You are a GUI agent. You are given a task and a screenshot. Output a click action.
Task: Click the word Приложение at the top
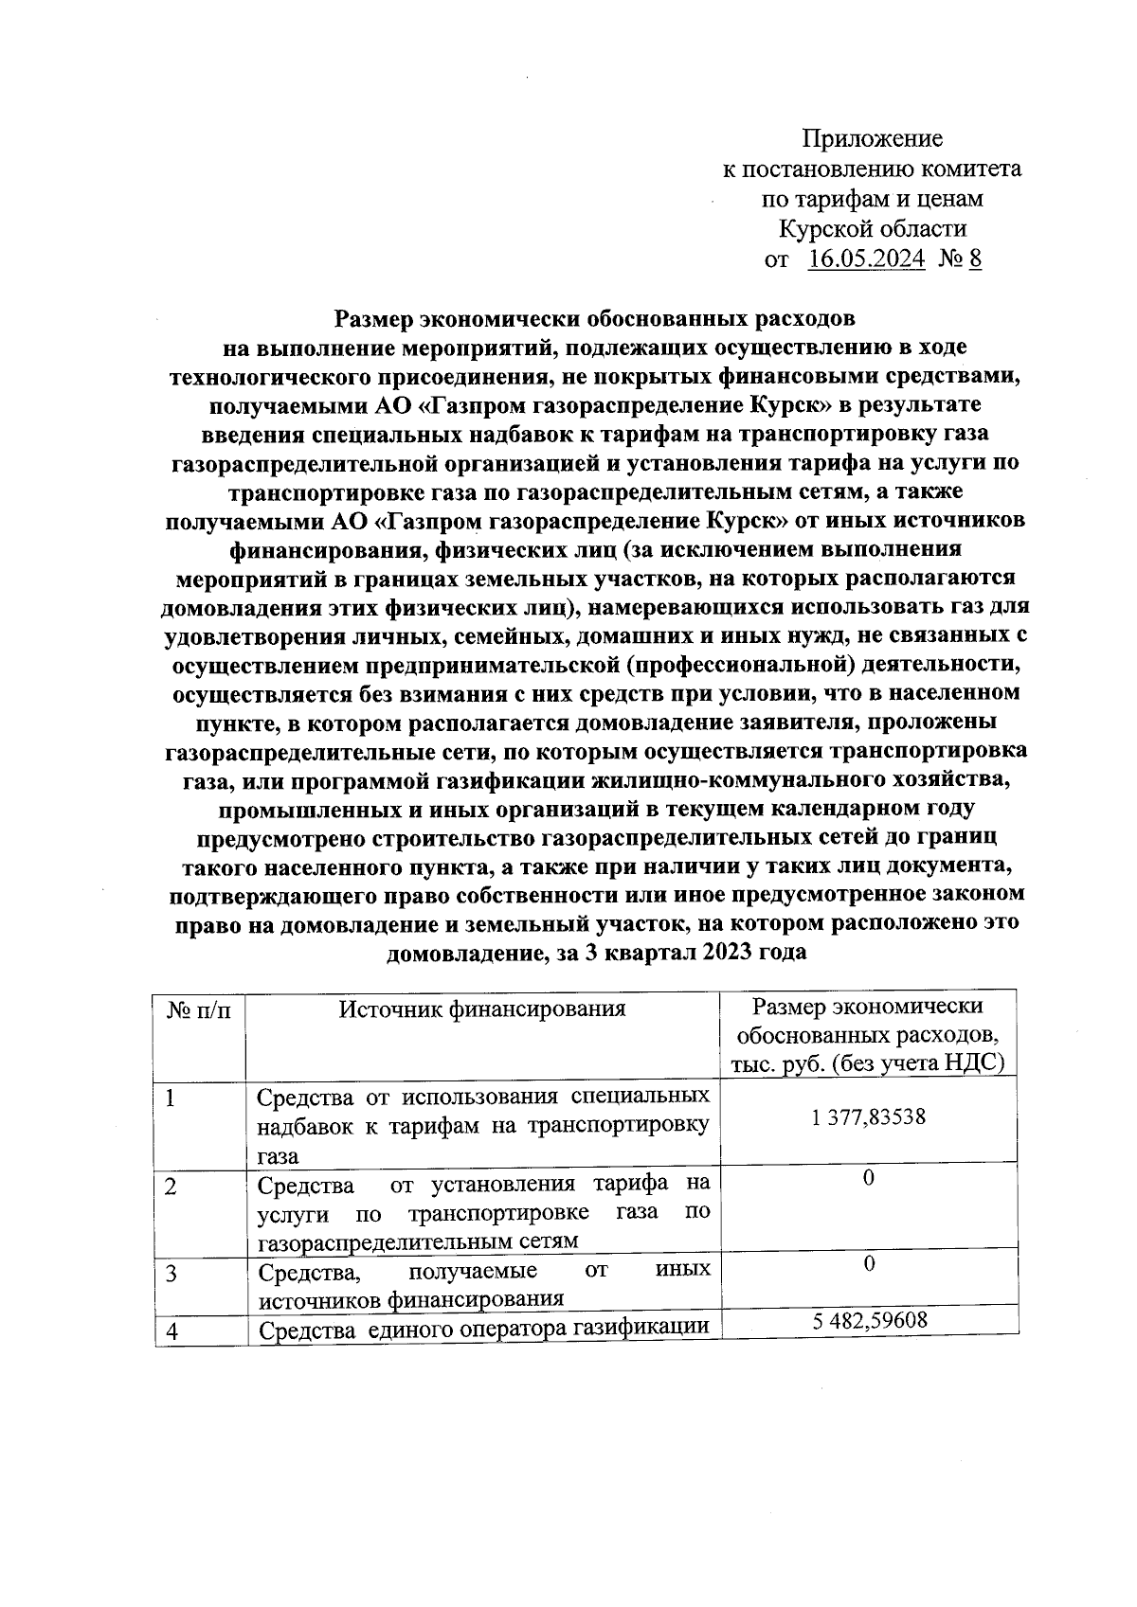[873, 139]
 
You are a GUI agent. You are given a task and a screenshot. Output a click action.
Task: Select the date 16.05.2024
[866, 259]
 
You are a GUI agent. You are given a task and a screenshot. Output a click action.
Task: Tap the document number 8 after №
[975, 259]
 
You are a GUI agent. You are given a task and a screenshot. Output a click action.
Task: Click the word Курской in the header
[823, 228]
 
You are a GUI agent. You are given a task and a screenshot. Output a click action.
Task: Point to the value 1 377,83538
[868, 1117]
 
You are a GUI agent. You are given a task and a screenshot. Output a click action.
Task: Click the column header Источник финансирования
[482, 1009]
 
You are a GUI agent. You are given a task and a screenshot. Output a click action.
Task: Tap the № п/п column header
[199, 1010]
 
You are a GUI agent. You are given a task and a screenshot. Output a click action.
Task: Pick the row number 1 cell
[171, 1099]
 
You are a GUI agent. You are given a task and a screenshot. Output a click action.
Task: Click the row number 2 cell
[171, 1187]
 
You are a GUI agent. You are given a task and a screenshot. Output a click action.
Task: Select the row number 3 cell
[171, 1274]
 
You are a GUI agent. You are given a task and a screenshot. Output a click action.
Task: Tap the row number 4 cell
[172, 1331]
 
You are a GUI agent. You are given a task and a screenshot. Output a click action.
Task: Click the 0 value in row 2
[868, 1177]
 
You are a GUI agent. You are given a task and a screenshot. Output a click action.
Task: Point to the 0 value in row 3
[868, 1264]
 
